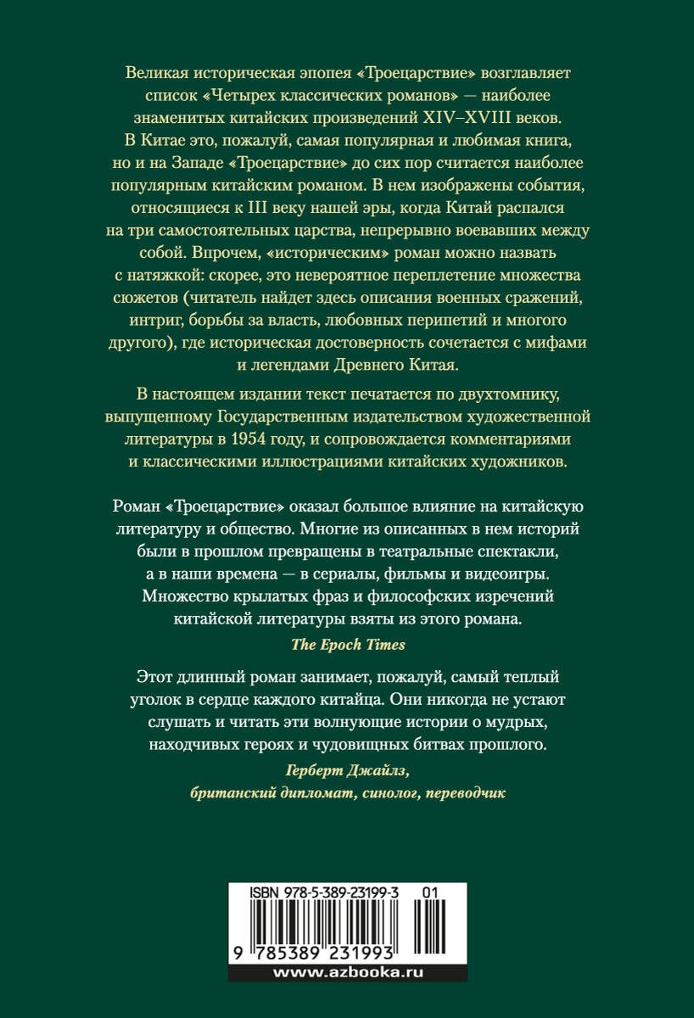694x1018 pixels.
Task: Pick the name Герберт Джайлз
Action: (348, 771)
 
